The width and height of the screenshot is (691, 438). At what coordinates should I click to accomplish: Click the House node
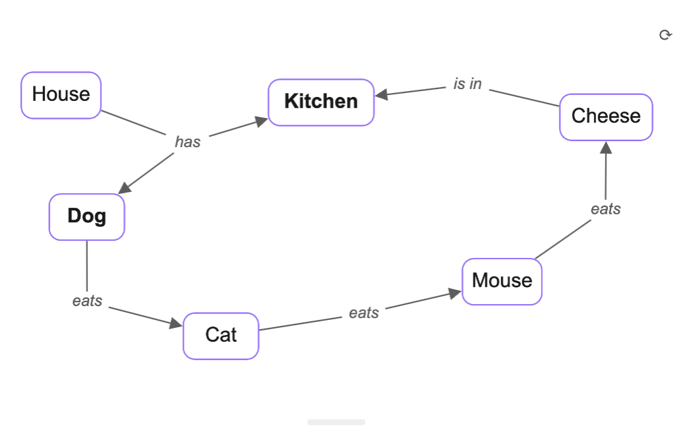click(x=61, y=95)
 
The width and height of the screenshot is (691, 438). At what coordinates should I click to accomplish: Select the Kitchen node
click(x=321, y=102)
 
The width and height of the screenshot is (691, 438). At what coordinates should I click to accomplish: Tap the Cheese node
click(x=606, y=117)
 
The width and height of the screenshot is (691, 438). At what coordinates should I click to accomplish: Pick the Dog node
click(x=86, y=216)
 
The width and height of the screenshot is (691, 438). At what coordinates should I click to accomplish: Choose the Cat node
click(x=221, y=335)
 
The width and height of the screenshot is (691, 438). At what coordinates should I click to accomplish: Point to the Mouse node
click(x=502, y=281)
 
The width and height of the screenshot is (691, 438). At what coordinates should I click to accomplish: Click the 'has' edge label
click(x=187, y=142)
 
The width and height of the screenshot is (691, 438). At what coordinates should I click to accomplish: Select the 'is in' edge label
click(x=467, y=84)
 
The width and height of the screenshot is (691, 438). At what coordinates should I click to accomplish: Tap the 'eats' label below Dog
click(x=87, y=301)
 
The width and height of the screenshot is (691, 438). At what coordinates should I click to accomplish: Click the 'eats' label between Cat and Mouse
click(x=364, y=313)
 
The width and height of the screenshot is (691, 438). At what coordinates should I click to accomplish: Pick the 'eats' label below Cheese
click(x=605, y=209)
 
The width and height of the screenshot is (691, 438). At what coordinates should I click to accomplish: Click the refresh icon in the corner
click(x=665, y=35)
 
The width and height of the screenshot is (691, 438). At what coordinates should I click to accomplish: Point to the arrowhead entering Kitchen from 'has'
click(x=261, y=121)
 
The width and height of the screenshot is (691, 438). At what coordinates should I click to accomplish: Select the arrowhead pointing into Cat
click(x=175, y=323)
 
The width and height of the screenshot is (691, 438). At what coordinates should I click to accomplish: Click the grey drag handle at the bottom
click(x=336, y=422)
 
